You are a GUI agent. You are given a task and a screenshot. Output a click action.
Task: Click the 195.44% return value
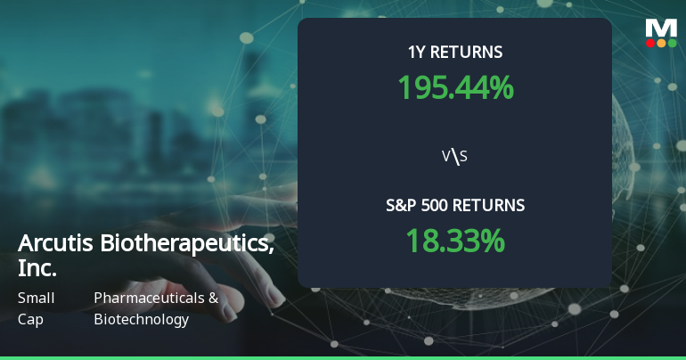[x=455, y=86]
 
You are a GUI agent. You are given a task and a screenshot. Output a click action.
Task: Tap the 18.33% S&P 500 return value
[x=455, y=241]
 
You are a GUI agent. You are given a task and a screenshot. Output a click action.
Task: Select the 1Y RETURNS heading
[x=455, y=52]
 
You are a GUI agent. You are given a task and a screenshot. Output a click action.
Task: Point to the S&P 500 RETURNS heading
[x=455, y=206]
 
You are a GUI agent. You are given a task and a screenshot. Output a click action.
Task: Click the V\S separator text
[x=455, y=157]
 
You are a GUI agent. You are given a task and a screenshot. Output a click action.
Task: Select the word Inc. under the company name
[x=37, y=267]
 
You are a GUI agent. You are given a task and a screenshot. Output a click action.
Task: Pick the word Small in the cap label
[x=36, y=298]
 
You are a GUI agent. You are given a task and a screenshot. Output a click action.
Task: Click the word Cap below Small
[x=30, y=319]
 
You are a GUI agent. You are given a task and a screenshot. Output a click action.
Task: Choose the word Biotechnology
[x=141, y=319]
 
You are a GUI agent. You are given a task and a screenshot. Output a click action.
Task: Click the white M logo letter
[x=661, y=28]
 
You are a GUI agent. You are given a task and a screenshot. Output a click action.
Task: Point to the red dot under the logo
[x=650, y=43]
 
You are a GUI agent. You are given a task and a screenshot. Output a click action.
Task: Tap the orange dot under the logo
[x=661, y=43]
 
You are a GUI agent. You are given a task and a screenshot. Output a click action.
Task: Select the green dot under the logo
[x=672, y=43]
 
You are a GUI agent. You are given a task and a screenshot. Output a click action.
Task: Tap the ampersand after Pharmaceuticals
[x=213, y=298]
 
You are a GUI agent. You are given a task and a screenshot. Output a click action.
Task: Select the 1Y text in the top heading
[x=416, y=52]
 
